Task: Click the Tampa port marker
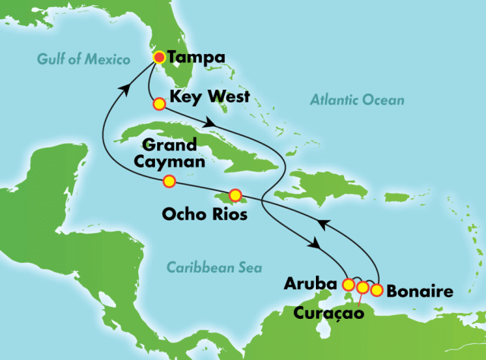point(159,57)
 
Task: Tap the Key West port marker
point(159,103)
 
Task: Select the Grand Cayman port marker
point(169,181)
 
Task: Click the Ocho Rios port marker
point(235,194)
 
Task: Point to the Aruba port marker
point(349,286)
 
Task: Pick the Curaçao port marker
point(362,287)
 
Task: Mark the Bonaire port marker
point(376,289)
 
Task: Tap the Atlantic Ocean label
point(358,99)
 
